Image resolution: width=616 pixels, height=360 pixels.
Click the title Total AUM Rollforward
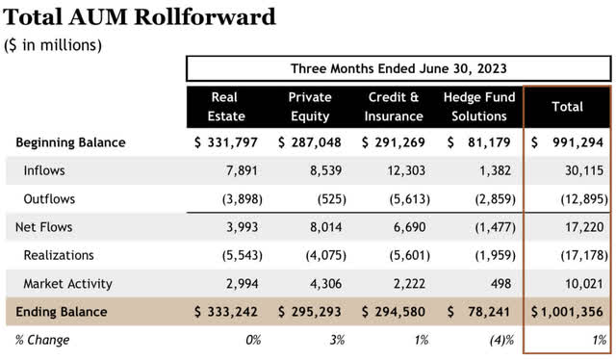pos(140,16)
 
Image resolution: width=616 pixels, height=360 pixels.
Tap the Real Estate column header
pos(223,106)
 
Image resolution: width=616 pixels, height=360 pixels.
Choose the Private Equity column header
pos(308,106)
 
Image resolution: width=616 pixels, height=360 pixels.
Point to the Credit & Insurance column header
pos(394,106)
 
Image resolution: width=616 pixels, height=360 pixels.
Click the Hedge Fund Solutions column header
pos(478,106)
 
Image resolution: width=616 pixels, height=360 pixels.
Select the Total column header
pos(568,106)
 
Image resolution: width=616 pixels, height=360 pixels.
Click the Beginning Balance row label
pos(70,142)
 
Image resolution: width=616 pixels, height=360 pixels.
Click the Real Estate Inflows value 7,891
pos(243,170)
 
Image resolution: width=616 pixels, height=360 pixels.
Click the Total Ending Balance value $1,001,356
pos(568,312)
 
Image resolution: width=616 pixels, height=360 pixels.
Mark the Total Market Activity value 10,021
pos(586,284)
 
